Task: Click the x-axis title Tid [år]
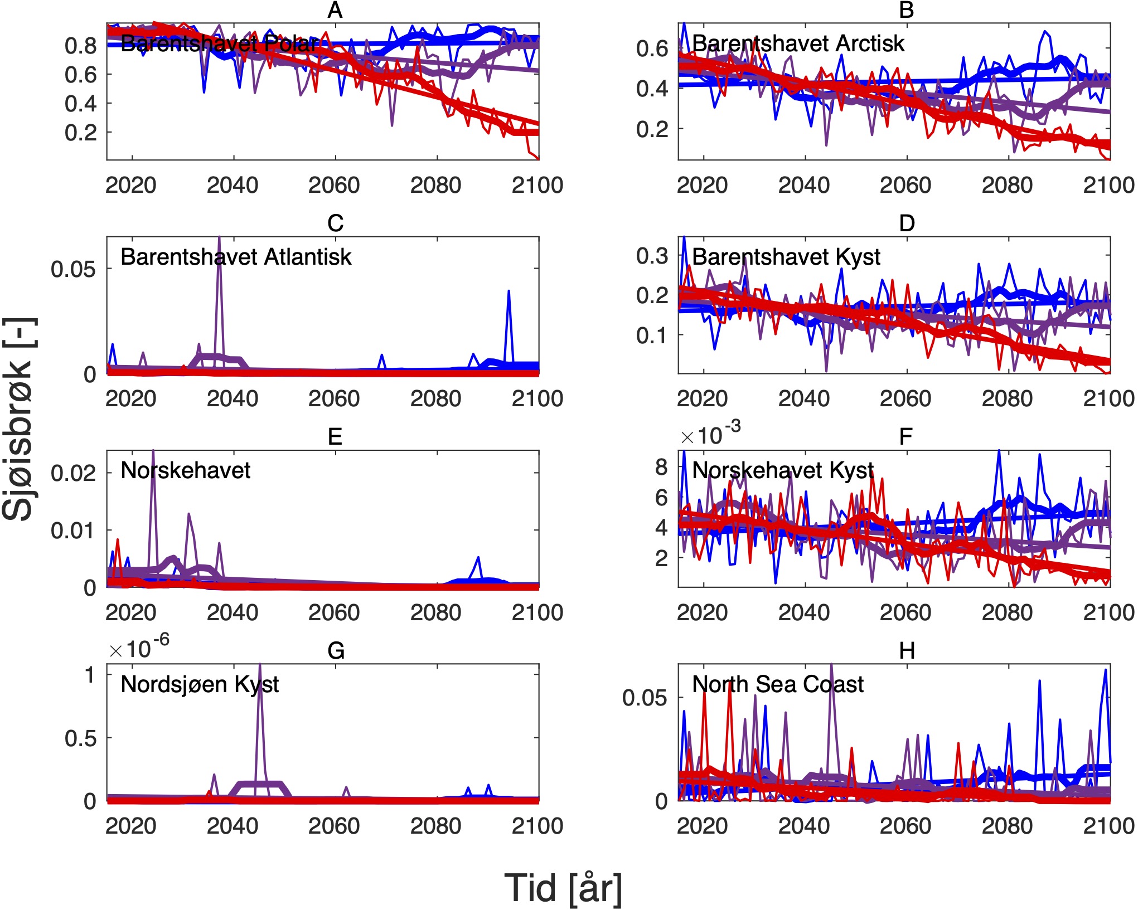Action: pos(563,887)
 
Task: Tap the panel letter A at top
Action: pos(335,10)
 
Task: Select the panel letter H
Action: pos(907,650)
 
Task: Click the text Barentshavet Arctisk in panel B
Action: pos(798,43)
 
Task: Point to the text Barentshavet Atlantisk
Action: pos(236,257)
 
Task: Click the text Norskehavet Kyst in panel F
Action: pos(783,470)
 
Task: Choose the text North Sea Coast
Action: pos(778,684)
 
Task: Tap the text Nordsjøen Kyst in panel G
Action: pos(200,684)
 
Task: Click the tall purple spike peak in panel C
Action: pos(219,239)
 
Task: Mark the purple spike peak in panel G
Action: pos(260,666)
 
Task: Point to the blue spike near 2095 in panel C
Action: pos(509,291)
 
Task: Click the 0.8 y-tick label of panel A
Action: pos(81,46)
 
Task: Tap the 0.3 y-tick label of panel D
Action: pos(652,256)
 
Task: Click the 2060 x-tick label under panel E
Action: pos(334,612)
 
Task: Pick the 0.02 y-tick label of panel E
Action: pos(74,473)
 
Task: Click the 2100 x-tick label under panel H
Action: pos(1108,826)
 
